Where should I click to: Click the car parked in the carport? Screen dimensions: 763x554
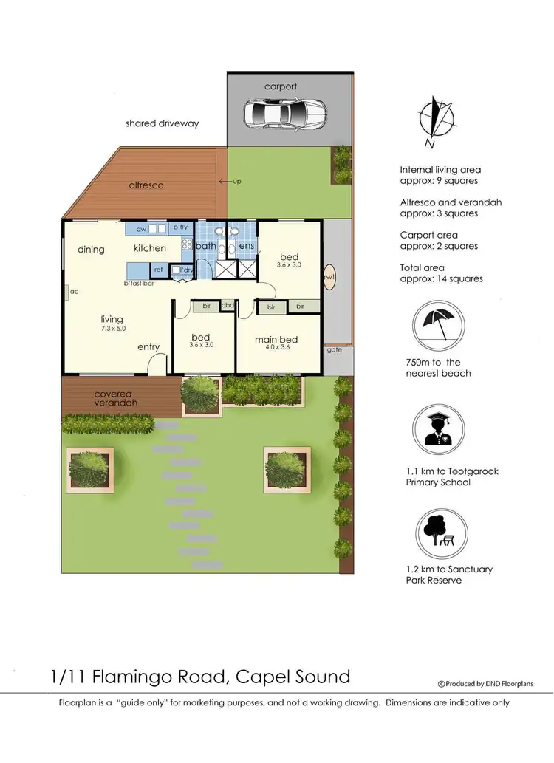coord(284,114)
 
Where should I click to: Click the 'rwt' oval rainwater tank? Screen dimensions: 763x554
coord(329,277)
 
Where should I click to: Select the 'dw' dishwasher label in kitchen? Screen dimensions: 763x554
coord(141,229)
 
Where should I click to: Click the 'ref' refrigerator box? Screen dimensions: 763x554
coord(158,270)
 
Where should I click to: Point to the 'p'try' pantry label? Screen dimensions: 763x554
coord(179,229)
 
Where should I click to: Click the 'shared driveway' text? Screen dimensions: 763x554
coord(163,123)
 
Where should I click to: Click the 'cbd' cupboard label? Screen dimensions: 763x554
coord(228,305)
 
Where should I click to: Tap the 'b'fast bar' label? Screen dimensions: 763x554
coord(138,283)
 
